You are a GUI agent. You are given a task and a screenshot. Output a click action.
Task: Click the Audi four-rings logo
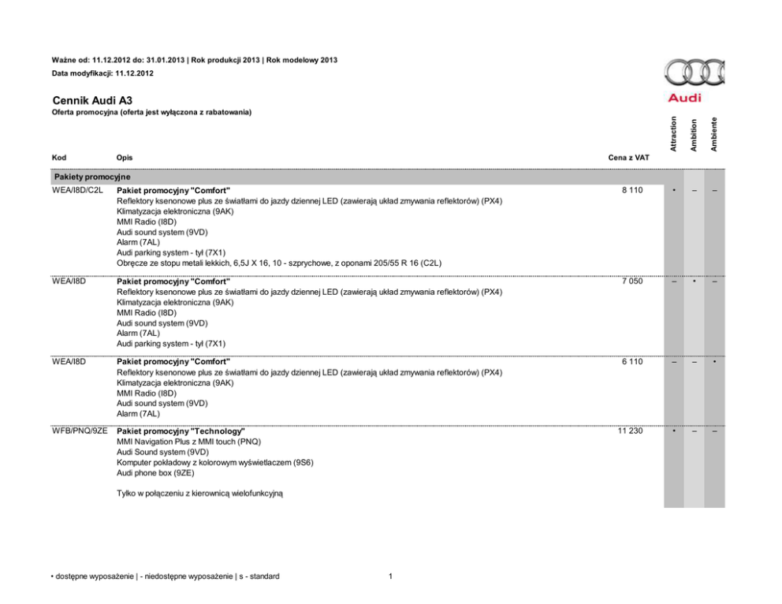[x=693, y=75]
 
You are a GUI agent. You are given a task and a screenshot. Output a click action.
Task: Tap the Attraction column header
[x=672, y=133]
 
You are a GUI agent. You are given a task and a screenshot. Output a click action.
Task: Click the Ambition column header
[x=693, y=134]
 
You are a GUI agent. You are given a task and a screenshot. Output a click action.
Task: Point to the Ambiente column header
[x=713, y=133]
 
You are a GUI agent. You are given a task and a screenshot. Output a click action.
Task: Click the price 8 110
[x=631, y=191]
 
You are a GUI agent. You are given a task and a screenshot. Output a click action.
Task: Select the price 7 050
[x=631, y=281]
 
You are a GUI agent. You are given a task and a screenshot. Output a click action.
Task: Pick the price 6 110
[x=631, y=362]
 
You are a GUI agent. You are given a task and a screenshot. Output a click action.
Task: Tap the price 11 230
[x=629, y=431]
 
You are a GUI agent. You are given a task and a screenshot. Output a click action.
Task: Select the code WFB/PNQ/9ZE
[x=80, y=431]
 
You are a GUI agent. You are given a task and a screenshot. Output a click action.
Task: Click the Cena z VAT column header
[x=628, y=158]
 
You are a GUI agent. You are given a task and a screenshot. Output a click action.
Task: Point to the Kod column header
[x=59, y=158]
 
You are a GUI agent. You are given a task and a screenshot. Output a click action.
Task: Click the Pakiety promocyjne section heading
[x=92, y=177]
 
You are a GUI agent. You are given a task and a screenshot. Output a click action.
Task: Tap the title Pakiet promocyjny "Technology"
[x=181, y=432]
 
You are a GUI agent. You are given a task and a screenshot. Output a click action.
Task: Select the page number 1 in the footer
[x=391, y=576]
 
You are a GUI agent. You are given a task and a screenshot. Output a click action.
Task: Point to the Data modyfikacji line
[x=102, y=73]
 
